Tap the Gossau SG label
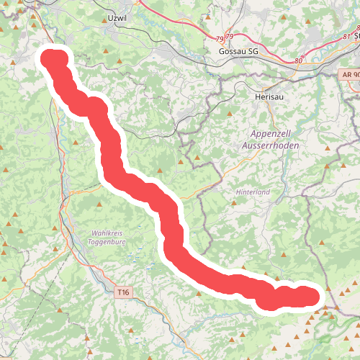tap(238, 53)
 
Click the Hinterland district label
tap(252, 192)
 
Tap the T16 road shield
tap(123, 292)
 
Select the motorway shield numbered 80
tap(299, 61)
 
